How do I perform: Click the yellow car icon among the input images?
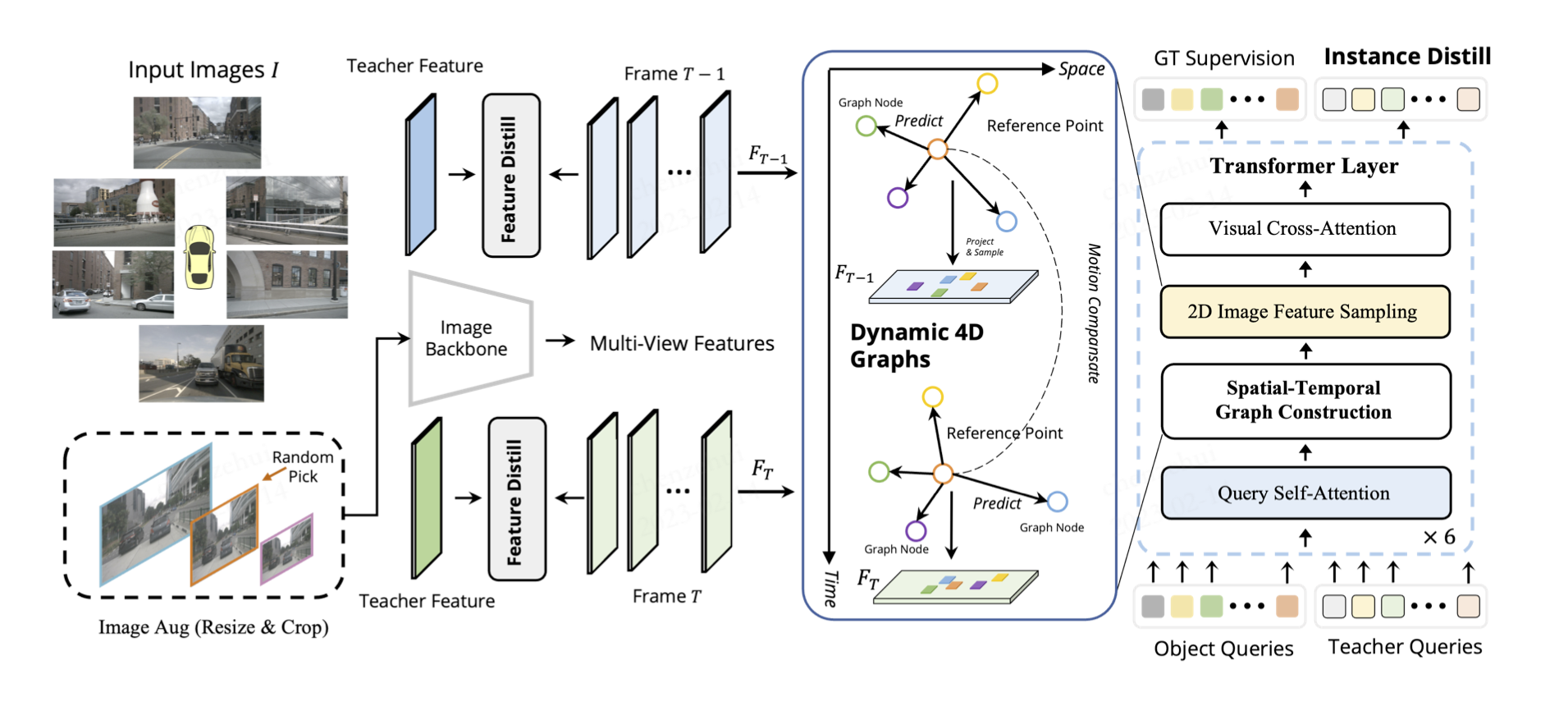tap(199, 257)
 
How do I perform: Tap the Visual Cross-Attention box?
tap(1305, 229)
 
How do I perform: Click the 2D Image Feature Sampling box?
tap(1305, 312)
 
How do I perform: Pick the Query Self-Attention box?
tap(1305, 493)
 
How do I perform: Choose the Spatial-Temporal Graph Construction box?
tap(1305, 401)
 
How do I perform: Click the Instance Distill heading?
tap(1407, 57)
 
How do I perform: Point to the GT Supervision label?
tap(1223, 58)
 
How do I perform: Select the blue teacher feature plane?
tap(421, 175)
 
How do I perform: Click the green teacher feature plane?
tap(426, 498)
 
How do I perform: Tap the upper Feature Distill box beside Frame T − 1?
tap(510, 176)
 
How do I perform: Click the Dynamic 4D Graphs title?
tap(917, 346)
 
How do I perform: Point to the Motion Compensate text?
tap(1094, 314)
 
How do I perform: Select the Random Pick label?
tap(303, 466)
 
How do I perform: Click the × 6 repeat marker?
tap(1439, 538)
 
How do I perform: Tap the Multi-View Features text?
tap(682, 343)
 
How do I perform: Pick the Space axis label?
tap(1081, 70)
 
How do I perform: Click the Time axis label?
tap(831, 589)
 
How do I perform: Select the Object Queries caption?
tap(1223, 649)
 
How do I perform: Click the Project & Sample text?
tap(984, 247)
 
